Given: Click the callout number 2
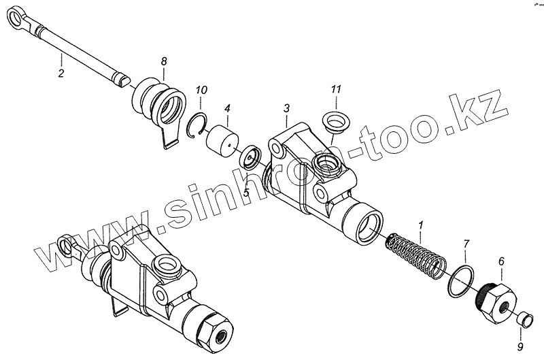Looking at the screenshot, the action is [x=61, y=73].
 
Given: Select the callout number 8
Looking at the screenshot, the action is [x=164, y=61].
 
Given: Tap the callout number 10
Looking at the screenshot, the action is [x=201, y=90].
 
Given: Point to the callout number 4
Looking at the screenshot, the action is [x=227, y=108].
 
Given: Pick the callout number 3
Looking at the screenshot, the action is [x=287, y=108].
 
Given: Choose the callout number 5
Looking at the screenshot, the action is [x=247, y=193].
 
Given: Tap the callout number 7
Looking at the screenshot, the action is [x=466, y=243].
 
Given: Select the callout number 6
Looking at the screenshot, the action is [x=502, y=261].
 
